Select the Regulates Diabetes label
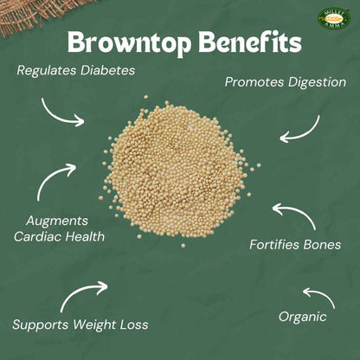[76, 70]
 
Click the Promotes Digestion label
[285, 83]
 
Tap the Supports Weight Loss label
[80, 326]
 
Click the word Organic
[302, 317]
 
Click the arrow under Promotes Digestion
[299, 128]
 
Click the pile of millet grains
[179, 171]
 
